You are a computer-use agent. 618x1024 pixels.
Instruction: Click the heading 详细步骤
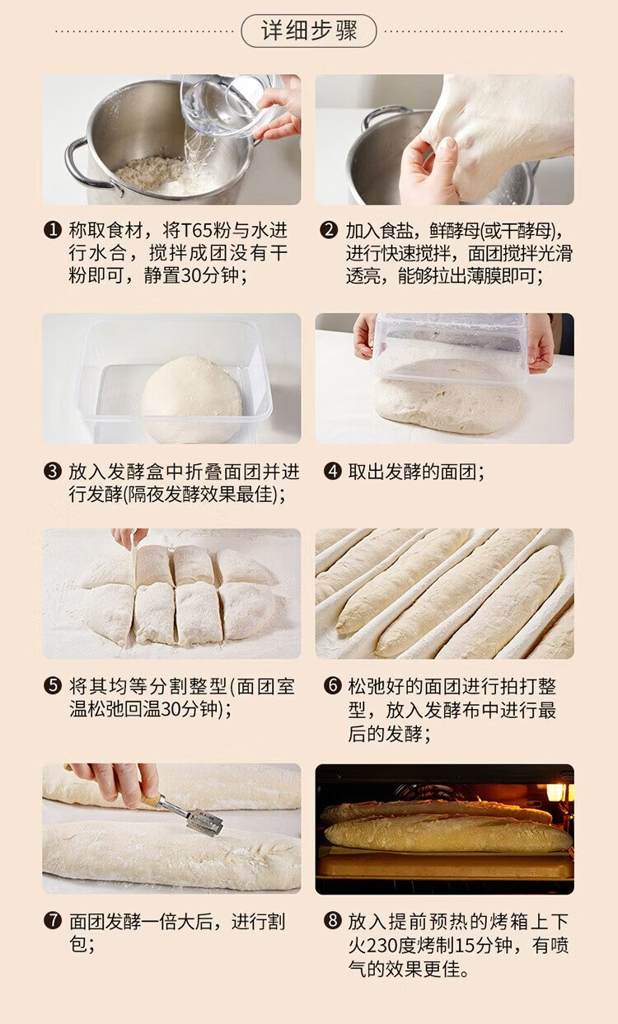point(309,31)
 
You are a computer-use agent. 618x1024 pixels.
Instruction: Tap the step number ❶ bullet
point(53,230)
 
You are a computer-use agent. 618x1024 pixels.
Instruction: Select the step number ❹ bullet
point(333,472)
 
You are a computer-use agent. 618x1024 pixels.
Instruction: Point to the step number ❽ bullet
point(333,920)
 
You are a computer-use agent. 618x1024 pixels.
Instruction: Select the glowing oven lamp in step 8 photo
point(558,792)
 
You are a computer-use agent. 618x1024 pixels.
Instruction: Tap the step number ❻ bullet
point(333,685)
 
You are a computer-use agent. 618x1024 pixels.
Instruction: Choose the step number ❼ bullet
point(53,920)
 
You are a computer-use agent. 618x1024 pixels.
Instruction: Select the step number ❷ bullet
point(329,230)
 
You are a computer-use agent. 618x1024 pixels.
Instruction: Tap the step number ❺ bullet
point(53,685)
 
